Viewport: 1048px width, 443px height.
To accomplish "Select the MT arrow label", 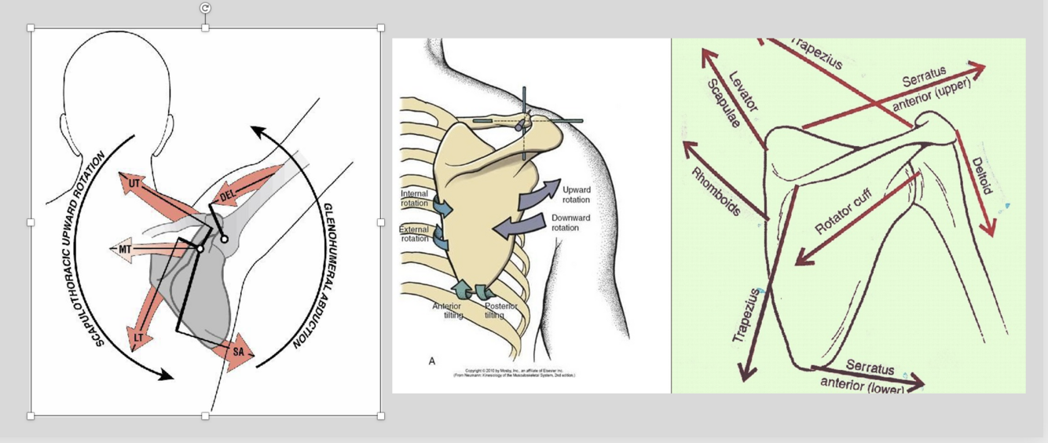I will click(126, 249).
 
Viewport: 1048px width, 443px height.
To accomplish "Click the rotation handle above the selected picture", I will click(205, 8).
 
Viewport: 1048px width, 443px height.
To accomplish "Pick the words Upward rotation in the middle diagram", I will click(576, 195).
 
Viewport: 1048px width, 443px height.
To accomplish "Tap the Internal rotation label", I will click(414, 198).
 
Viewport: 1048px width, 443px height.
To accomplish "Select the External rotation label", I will click(414, 234).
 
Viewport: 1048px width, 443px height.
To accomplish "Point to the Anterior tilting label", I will click(447, 310).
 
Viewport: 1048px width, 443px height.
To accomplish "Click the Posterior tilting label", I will click(500, 310).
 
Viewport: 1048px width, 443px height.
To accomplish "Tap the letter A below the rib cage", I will click(432, 361).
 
